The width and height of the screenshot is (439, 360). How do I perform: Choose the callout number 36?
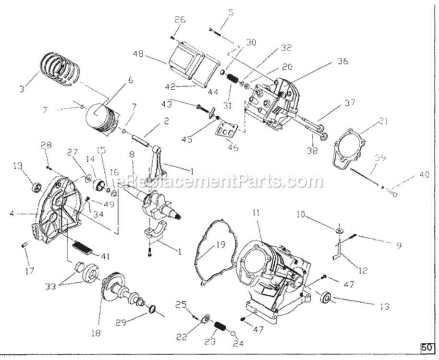click(342, 61)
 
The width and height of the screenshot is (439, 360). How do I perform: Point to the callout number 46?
click(233, 147)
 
